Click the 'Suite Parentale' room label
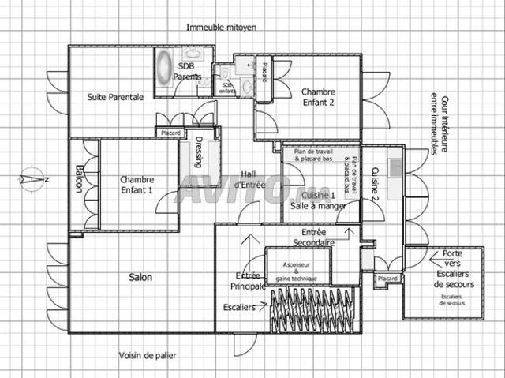pyautogui.click(x=115, y=97)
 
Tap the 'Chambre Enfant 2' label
pyautogui.click(x=318, y=97)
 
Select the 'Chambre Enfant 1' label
pyautogui.click(x=137, y=185)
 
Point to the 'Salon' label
pyautogui.click(x=140, y=277)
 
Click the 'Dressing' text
pyautogui.click(x=198, y=153)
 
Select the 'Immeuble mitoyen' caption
pyautogui.click(x=221, y=27)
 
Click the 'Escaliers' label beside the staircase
pyautogui.click(x=238, y=307)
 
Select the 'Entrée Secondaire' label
pyautogui.click(x=314, y=238)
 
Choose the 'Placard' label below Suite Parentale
pyautogui.click(x=170, y=133)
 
